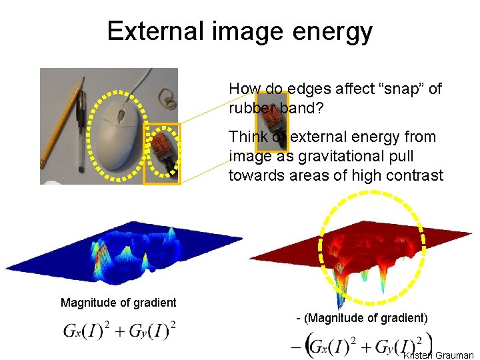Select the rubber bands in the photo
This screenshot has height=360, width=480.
(169, 100)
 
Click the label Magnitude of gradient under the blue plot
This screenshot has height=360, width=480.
(119, 303)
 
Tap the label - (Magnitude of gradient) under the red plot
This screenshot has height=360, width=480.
(361, 318)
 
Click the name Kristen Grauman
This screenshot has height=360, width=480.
(439, 355)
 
